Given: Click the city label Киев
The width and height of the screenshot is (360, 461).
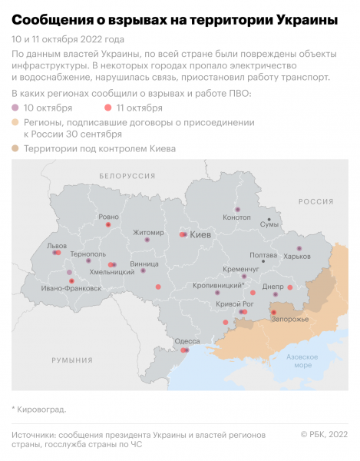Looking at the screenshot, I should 200,234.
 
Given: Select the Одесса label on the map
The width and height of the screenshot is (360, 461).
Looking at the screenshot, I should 187,340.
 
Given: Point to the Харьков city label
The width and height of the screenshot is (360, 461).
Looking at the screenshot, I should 298,257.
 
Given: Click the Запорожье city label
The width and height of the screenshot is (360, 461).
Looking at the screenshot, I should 289,319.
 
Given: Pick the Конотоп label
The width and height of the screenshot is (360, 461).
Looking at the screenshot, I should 236,217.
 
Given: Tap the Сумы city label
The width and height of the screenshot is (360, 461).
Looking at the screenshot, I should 269,225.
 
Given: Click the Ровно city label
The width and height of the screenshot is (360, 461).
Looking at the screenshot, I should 108,217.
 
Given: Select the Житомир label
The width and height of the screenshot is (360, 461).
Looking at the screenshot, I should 148,232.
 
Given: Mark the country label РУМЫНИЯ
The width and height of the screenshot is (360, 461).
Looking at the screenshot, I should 72,360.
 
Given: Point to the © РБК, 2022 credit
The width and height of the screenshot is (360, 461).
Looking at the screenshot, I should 324,435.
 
